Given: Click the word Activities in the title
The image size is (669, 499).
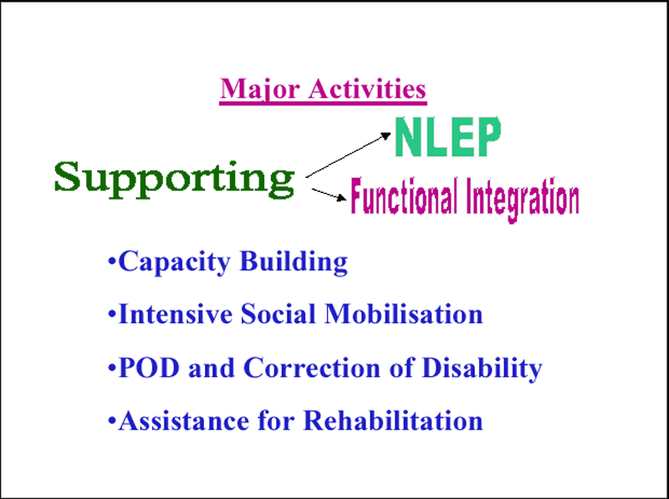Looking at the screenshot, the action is click(x=367, y=89).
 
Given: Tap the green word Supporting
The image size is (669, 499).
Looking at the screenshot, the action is click(x=175, y=179).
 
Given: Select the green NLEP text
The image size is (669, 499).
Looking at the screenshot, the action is click(x=447, y=136).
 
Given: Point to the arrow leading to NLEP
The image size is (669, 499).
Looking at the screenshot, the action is click(x=348, y=155).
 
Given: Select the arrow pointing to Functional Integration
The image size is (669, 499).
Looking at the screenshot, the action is click(x=329, y=194).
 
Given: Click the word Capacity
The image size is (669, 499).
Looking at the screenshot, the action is click(x=175, y=262).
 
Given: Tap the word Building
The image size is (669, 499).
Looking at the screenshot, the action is click(x=294, y=262).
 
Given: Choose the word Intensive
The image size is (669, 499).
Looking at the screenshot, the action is click(x=176, y=314).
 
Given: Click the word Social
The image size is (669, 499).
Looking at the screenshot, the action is click(x=278, y=314).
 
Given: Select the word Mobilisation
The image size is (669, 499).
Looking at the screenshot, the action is click(x=404, y=314).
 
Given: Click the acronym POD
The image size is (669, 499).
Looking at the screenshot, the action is click(x=149, y=367).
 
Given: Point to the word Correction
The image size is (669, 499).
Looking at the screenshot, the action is click(x=312, y=367).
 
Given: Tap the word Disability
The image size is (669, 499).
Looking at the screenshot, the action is click(x=482, y=369).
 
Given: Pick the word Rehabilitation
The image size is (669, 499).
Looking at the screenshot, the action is click(x=393, y=420).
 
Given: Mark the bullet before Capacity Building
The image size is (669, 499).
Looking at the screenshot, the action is click(x=112, y=261).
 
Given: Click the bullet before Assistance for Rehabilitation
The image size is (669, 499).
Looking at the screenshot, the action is click(x=112, y=420).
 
